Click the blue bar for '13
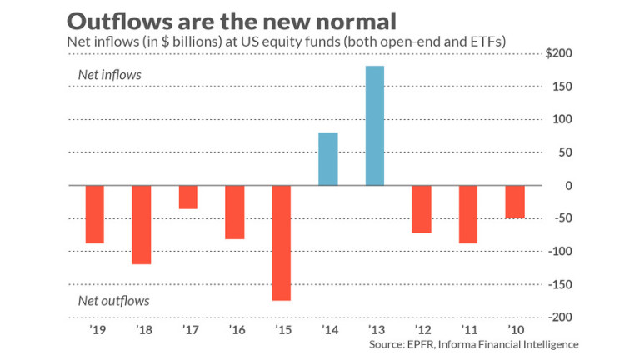(375, 125)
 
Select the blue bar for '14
(328, 158)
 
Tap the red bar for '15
(282, 242)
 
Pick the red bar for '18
(142, 224)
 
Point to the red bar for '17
(188, 197)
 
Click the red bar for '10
(515, 202)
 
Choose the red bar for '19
(95, 214)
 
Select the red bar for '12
(422, 208)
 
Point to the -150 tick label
(563, 284)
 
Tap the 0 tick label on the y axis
(569, 185)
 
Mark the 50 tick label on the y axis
(566, 152)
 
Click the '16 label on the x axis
(235, 329)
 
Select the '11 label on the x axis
(468, 329)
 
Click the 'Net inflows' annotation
(109, 75)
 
